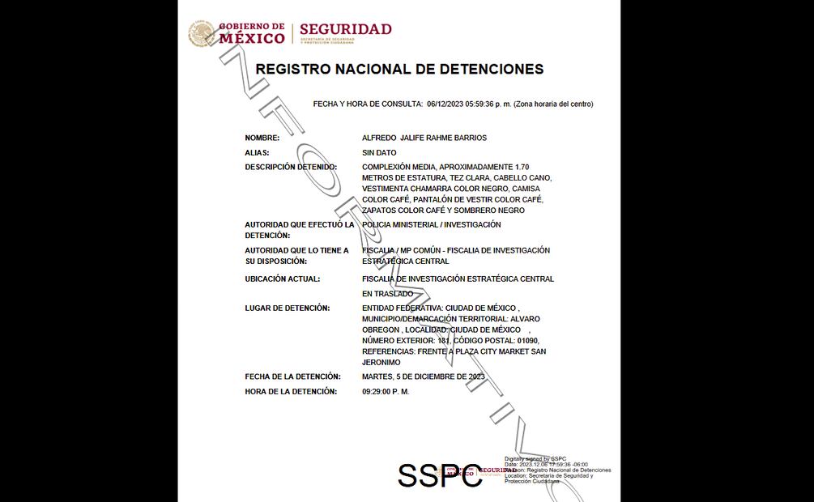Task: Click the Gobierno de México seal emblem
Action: (x=201, y=34)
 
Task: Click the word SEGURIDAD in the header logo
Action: (x=345, y=29)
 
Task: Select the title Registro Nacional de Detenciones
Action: (x=399, y=70)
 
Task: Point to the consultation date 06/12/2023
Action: (x=445, y=104)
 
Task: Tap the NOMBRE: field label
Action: (x=262, y=138)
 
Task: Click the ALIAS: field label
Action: (x=257, y=152)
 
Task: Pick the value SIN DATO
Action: (x=379, y=152)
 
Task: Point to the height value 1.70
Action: (x=527, y=167)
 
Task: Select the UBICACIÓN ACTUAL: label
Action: (x=283, y=279)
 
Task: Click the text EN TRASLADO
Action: (x=387, y=294)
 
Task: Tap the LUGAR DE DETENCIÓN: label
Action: (x=287, y=308)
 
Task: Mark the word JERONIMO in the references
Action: (x=381, y=363)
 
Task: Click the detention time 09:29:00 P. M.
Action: (x=386, y=392)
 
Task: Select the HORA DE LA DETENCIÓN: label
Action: (x=291, y=392)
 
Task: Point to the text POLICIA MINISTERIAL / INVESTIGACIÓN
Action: (x=432, y=224)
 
